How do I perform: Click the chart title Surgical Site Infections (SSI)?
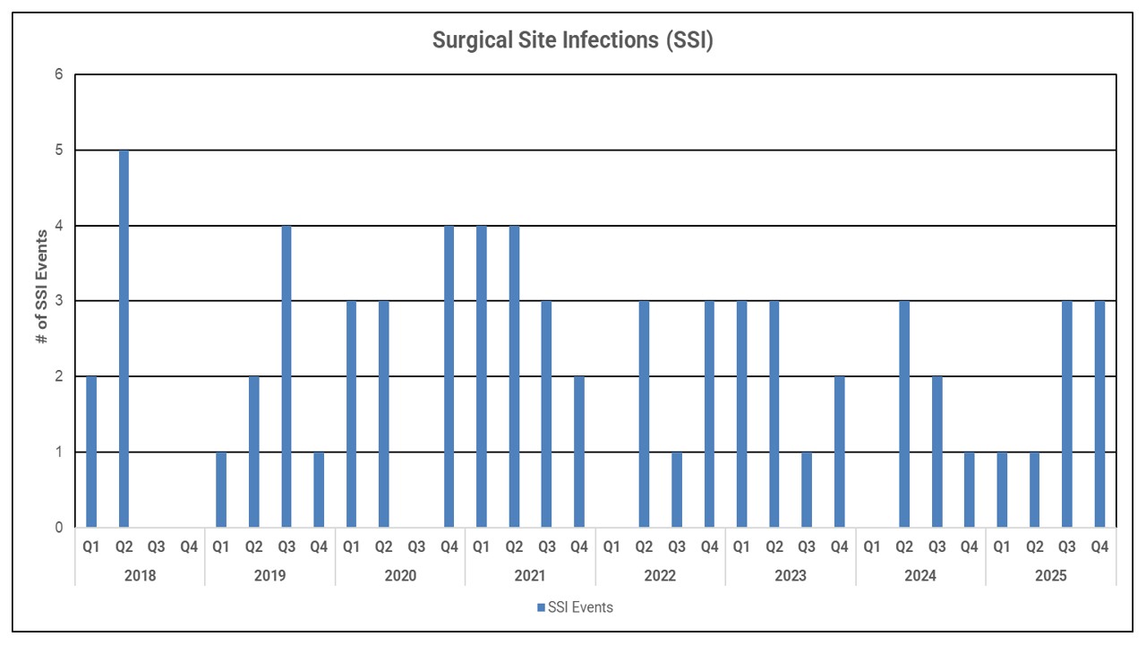click(x=572, y=40)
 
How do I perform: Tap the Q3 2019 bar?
click(x=286, y=376)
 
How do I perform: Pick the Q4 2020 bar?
click(x=449, y=376)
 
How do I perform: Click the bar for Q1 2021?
click(x=482, y=376)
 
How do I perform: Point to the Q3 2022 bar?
click(x=677, y=489)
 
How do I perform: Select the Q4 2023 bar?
click(x=839, y=451)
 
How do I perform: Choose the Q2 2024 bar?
click(x=904, y=414)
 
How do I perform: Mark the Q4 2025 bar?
click(x=1099, y=414)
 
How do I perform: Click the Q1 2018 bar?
click(x=91, y=451)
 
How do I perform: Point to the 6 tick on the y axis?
click(x=58, y=75)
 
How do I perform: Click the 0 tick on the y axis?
click(x=58, y=528)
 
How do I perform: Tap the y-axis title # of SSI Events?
click(x=41, y=301)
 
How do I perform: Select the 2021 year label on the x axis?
click(x=530, y=575)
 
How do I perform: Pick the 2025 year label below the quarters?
click(x=1050, y=575)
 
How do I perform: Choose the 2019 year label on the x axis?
click(x=269, y=575)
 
